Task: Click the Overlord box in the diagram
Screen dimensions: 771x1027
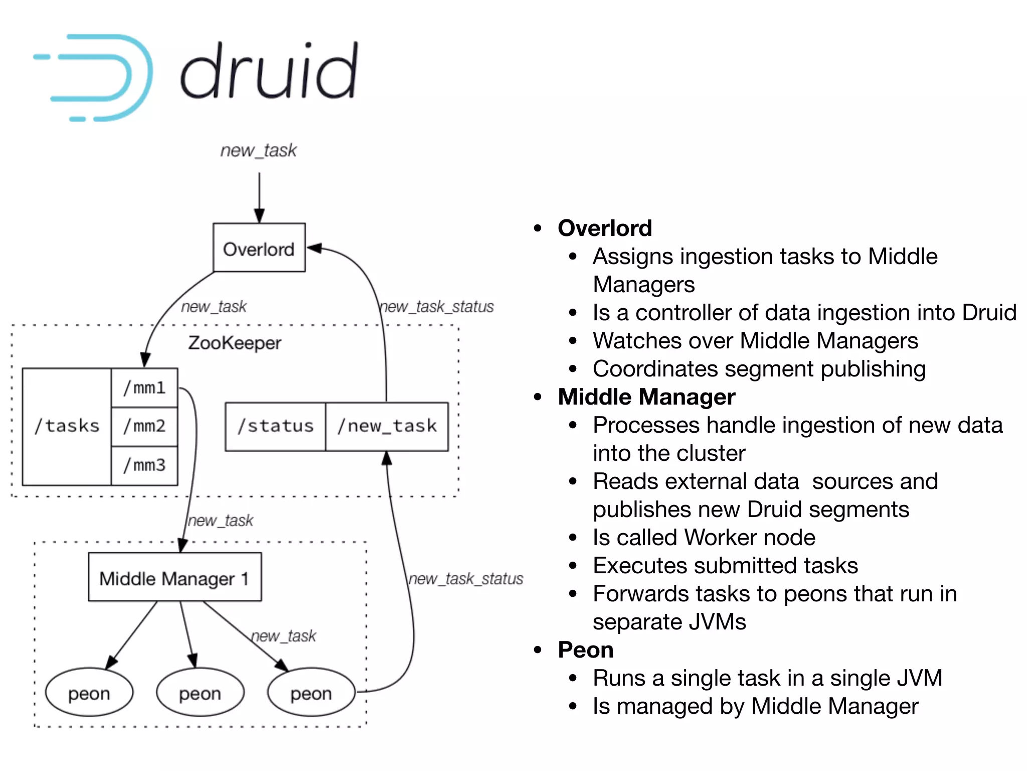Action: coord(259,248)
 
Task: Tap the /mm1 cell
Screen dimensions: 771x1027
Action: coord(144,388)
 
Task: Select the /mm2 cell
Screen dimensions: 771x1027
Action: coord(144,426)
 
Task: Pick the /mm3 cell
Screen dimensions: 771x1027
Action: coord(144,465)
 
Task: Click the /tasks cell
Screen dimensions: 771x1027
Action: coord(67,426)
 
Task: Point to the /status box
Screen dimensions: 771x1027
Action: coord(275,426)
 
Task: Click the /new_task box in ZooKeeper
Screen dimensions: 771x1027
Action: coord(387,426)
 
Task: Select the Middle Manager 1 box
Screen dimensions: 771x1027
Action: coord(175,578)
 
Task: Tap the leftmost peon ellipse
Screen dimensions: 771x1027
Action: coord(89,693)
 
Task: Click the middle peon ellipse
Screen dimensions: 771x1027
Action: coord(200,693)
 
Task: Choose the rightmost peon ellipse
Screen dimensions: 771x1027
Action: coord(311,693)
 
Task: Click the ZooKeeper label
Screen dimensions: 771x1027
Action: coord(234,343)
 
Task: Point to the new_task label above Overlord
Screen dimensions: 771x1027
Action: coord(258,150)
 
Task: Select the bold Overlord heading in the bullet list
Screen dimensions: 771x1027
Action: coord(605,228)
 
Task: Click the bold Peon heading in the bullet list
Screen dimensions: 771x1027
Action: coord(585,650)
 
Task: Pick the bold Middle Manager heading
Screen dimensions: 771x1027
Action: coord(646,397)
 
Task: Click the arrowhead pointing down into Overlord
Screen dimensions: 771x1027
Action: coord(259,216)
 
